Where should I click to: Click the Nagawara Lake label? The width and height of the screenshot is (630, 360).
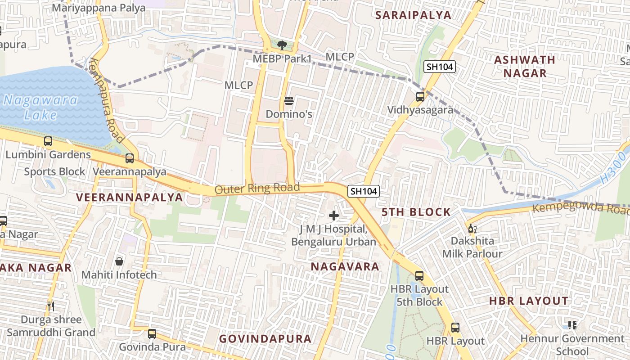tap(40, 107)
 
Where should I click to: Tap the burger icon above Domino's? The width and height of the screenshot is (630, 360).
tap(289, 100)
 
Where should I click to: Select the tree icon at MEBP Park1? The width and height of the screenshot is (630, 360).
tap(282, 45)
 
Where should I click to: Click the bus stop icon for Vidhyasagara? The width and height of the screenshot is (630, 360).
tap(420, 96)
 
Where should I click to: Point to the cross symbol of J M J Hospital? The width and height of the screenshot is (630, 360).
tap(333, 216)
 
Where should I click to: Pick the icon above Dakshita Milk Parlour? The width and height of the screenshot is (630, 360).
tap(472, 229)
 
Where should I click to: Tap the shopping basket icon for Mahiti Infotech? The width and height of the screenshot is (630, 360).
tap(119, 261)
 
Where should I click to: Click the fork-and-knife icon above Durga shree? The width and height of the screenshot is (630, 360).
tap(51, 306)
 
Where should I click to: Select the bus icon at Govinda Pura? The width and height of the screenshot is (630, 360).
tap(152, 334)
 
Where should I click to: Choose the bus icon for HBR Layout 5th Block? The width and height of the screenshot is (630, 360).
tap(419, 276)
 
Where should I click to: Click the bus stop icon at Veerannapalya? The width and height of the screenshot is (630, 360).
tap(130, 158)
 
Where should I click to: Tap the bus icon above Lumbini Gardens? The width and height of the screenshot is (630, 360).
tap(48, 141)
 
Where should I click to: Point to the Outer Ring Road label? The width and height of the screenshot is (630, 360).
tap(257, 188)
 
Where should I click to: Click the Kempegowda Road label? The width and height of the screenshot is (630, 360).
tap(580, 208)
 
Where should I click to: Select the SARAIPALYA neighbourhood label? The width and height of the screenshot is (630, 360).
tap(413, 15)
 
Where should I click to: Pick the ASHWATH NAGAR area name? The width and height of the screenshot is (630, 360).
tap(525, 66)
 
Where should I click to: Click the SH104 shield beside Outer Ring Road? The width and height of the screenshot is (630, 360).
tap(364, 191)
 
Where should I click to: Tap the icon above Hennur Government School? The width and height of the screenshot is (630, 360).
tap(572, 325)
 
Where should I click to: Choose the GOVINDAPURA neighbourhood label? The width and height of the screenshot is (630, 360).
tap(265, 339)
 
